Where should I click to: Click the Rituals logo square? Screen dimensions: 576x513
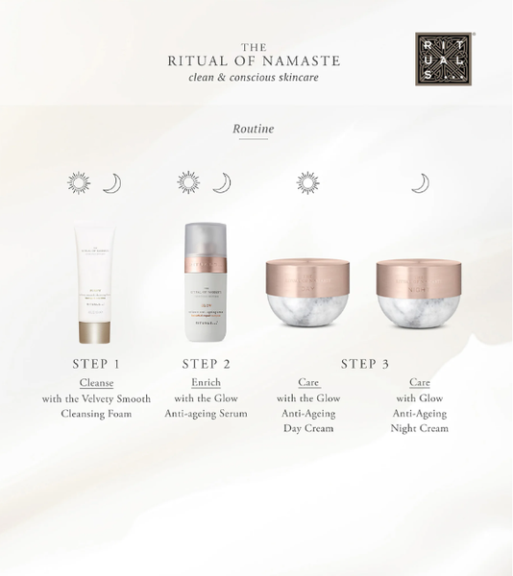(443, 60)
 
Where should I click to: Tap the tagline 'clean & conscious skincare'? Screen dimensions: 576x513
(253, 78)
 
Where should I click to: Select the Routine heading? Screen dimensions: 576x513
(254, 128)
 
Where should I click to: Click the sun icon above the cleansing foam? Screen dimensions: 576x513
(78, 183)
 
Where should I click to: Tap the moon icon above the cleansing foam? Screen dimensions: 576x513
(112, 183)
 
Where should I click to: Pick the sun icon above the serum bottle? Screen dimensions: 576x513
(187, 183)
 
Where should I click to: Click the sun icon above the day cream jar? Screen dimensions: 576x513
(307, 183)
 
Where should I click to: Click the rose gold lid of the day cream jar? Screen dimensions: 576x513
(307, 275)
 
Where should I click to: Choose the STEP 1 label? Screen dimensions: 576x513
(96, 364)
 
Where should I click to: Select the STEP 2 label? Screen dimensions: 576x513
(207, 364)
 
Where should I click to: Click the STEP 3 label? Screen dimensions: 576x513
(365, 364)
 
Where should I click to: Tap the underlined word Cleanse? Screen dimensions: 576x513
(96, 382)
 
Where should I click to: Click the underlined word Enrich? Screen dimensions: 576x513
(206, 382)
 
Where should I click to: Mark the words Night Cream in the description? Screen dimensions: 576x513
(419, 428)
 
